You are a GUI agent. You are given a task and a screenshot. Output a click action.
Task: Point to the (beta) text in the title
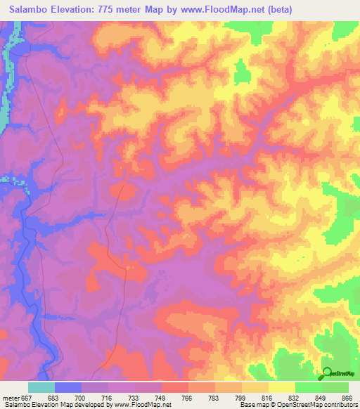coord(277,10)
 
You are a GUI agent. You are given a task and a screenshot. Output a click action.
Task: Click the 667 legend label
coord(27,397)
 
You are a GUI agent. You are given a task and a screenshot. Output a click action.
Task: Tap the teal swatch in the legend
coord(41,387)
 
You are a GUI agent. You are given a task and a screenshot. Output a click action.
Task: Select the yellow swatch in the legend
coord(282,387)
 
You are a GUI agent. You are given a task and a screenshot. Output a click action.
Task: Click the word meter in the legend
coord(11,397)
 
